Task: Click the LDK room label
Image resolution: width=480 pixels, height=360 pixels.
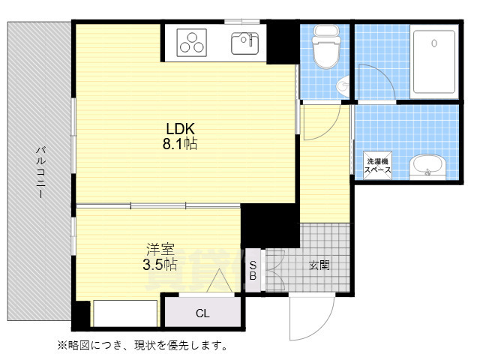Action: tap(181, 128)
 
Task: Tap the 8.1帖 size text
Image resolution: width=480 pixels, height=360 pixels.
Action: tap(181, 144)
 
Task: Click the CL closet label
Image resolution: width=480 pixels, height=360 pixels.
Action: tap(202, 313)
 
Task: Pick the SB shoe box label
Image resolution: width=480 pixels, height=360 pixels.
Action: tap(253, 271)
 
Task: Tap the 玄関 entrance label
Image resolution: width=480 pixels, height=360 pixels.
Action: tap(319, 265)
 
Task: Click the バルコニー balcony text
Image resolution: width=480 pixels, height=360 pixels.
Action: tap(39, 172)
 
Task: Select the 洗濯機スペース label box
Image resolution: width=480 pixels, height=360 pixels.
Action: tap(376, 166)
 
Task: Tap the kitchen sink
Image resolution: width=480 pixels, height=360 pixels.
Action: tap(244, 43)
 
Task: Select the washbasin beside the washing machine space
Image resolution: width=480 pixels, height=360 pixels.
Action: tap(427, 167)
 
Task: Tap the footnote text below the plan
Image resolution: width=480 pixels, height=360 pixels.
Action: tap(142, 346)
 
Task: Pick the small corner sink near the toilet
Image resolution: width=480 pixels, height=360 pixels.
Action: tap(344, 85)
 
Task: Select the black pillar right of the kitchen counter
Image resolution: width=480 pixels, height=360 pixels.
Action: tap(284, 43)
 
